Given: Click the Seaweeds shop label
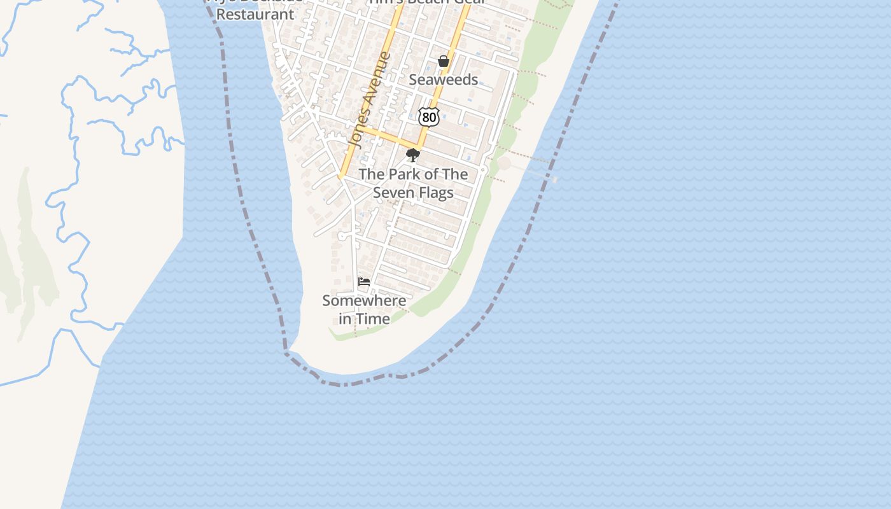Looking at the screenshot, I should pyautogui.click(x=443, y=80).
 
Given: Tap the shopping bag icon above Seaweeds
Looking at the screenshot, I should pyautogui.click(x=444, y=61).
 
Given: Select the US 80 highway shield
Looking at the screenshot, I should pyautogui.click(x=429, y=117).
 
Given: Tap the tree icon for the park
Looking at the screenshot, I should pyautogui.click(x=412, y=155).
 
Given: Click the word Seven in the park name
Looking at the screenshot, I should pyautogui.click(x=395, y=192).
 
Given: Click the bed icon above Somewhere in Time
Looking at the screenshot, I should pyautogui.click(x=364, y=281).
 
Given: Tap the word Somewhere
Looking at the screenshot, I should pyautogui.click(x=364, y=300).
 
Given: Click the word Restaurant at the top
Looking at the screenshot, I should pyautogui.click(x=255, y=14).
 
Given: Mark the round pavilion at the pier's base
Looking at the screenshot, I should pyautogui.click(x=504, y=163).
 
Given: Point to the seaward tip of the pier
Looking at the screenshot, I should pyautogui.click(x=555, y=180).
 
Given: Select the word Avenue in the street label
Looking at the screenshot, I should pyautogui.click(x=375, y=82).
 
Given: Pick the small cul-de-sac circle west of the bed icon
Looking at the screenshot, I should pyautogui.click(x=342, y=236).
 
